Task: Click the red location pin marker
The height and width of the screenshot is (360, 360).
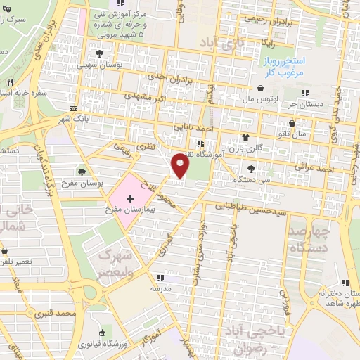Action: coord(181,166)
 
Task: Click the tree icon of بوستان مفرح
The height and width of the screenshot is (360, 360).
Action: coord(82,172)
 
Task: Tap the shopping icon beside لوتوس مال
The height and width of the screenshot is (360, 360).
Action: coord(262,89)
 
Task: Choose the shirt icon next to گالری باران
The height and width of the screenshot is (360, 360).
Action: coord(245,136)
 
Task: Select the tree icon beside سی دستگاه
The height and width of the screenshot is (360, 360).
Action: coord(251,169)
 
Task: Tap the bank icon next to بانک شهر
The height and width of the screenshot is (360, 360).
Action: coord(74,108)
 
